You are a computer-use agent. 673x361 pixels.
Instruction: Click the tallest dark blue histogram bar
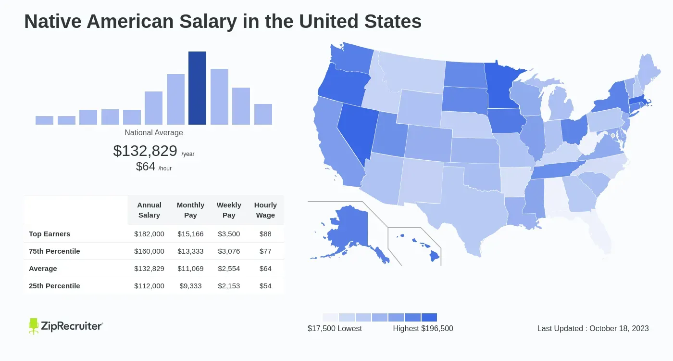click(x=197, y=88)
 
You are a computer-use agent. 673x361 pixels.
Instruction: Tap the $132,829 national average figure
click(x=145, y=151)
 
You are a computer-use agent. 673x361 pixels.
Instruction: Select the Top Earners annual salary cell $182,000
click(x=149, y=234)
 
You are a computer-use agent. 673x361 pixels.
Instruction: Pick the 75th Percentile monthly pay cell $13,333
click(x=190, y=251)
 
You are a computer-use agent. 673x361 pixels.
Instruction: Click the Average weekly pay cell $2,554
click(x=229, y=269)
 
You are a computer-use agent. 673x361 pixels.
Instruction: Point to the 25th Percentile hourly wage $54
click(x=265, y=286)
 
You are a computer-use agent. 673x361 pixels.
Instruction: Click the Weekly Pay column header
click(x=229, y=210)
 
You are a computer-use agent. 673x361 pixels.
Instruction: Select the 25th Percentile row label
click(x=54, y=286)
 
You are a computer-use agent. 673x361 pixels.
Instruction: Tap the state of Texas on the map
click(x=461, y=212)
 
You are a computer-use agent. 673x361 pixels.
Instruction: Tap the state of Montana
click(x=413, y=72)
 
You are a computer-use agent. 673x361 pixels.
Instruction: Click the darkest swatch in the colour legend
click(x=429, y=318)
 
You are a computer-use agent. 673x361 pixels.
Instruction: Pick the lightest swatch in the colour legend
click(x=330, y=318)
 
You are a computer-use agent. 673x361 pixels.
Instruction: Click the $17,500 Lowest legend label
click(x=335, y=328)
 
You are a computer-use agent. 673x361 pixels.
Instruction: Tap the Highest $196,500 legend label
click(x=423, y=328)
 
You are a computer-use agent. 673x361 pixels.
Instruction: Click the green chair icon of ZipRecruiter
click(x=34, y=326)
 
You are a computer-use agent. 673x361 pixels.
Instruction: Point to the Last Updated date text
click(x=593, y=328)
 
